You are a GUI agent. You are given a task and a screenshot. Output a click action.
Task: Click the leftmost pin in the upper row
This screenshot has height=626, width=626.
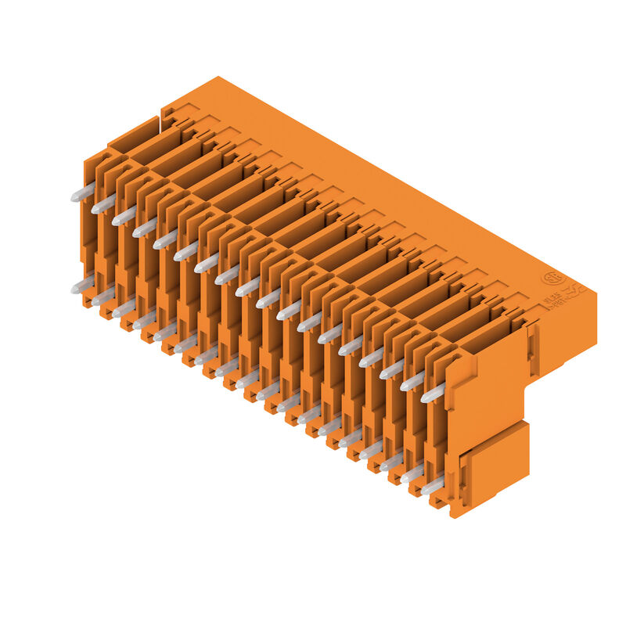pyautogui.click(x=83, y=192)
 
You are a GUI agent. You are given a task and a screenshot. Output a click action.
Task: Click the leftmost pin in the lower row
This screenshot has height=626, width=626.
pyautogui.click(x=83, y=286)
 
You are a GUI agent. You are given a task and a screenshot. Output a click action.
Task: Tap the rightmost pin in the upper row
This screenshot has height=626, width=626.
pyautogui.click(x=433, y=394)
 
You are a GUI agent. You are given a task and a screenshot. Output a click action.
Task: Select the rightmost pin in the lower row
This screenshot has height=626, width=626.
pyautogui.click(x=433, y=487)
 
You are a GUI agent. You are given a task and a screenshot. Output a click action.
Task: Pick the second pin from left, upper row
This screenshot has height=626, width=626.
pyautogui.click(x=103, y=205)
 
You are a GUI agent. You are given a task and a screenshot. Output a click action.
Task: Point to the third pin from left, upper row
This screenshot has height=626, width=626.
pyautogui.click(x=124, y=217)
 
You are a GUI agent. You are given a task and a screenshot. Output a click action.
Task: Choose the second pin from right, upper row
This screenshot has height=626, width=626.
pyautogui.click(x=412, y=382)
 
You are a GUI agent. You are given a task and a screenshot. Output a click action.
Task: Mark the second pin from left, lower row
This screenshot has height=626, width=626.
pyautogui.click(x=103, y=297)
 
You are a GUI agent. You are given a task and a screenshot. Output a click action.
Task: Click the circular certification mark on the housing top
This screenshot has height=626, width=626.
pyautogui.click(x=552, y=279)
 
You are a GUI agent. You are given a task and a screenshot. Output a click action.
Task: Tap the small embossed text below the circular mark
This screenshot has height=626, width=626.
pyautogui.click(x=557, y=301)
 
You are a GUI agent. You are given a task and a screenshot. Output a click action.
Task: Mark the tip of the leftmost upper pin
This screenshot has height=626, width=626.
pyautogui.click(x=74, y=198)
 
